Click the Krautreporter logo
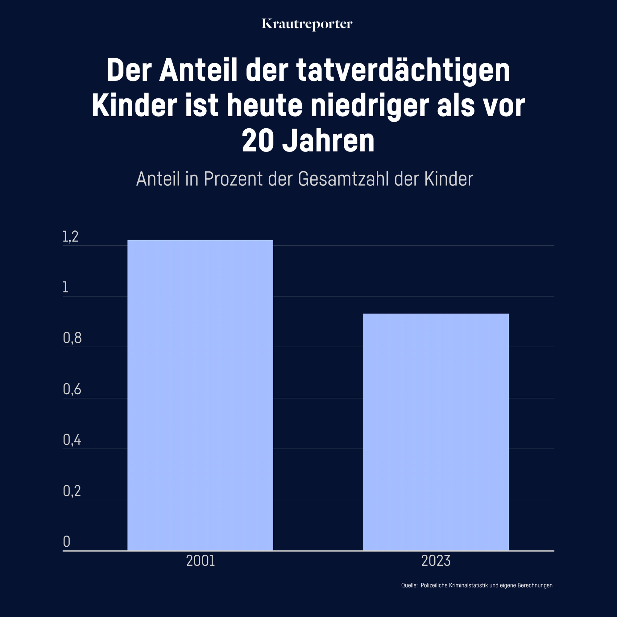coord(307,24)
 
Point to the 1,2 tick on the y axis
coord(70,237)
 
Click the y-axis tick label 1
coord(65,288)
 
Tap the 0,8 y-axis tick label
coord(72,338)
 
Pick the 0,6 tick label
coord(72,389)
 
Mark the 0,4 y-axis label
coord(72,440)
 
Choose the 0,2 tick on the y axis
coord(72,491)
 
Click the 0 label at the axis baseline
coord(66,542)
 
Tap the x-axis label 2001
coord(200,561)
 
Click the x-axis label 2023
coord(436,561)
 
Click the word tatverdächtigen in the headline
coord(403,71)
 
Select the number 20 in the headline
coord(258,141)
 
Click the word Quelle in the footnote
coord(409,586)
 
